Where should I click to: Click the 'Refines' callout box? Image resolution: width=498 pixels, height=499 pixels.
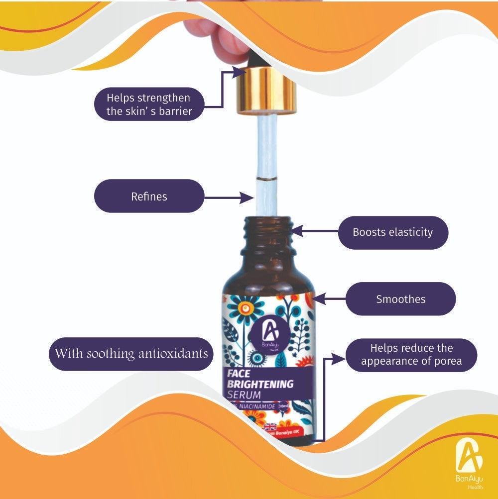coord(149,197)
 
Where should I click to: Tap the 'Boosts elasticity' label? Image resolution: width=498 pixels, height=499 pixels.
coord(392,232)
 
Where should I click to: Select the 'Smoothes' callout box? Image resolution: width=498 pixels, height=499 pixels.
coord(400,299)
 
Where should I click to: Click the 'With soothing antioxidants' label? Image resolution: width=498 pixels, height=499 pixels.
coord(131,354)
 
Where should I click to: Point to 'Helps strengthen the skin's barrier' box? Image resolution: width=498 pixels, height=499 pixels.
coord(149,104)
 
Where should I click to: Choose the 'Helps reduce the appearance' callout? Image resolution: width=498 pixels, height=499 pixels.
coord(411,355)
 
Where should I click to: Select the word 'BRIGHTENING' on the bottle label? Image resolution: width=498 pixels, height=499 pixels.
coord(260,385)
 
